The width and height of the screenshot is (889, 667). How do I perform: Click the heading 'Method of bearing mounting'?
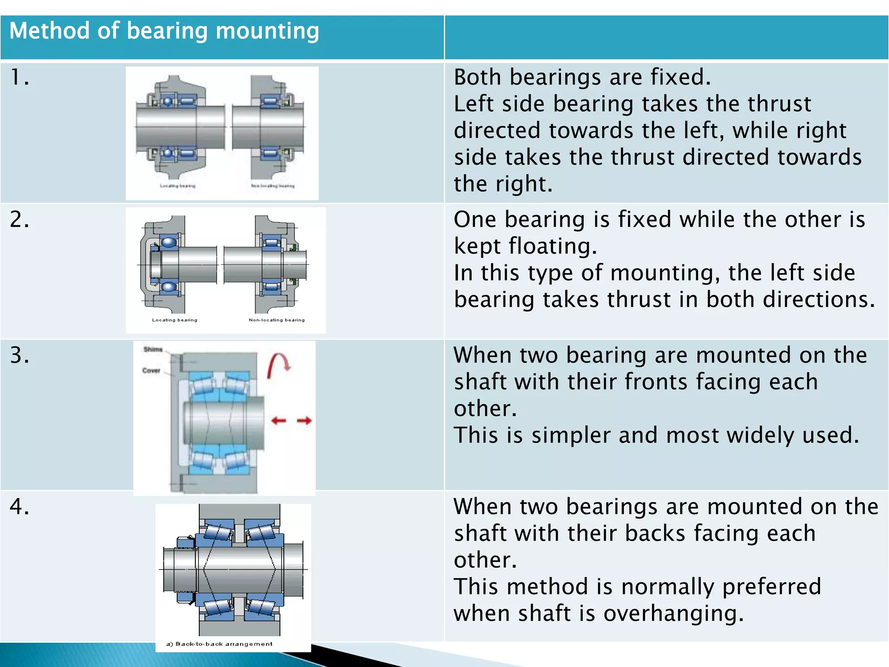tap(164, 31)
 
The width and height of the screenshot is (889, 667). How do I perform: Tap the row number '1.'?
tap(20, 78)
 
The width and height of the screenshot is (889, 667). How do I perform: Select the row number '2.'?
tap(20, 220)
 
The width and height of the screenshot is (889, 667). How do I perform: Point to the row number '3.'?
tap(20, 355)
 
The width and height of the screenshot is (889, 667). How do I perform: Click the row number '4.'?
tap(20, 507)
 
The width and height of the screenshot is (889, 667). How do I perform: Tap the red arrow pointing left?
tap(279, 420)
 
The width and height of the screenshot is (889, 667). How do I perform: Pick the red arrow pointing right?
tap(304, 420)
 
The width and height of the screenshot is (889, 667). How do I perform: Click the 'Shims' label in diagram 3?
tap(153, 350)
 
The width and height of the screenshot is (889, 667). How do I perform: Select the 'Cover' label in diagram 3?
tap(151, 370)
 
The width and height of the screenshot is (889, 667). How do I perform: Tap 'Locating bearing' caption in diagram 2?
tap(175, 320)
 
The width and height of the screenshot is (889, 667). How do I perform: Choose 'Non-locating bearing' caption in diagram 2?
tap(277, 320)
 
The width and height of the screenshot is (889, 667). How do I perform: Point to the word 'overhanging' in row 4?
tap(673, 614)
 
